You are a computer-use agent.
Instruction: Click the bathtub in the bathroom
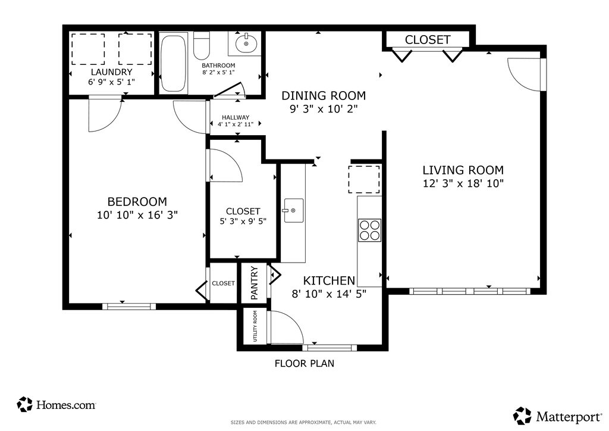(x=173, y=63)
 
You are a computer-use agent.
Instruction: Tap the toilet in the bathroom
(x=202, y=45)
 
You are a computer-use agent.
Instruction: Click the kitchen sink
(x=294, y=210)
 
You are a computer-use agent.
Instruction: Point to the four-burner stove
(x=369, y=230)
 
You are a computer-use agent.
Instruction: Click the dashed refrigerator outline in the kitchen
(x=364, y=179)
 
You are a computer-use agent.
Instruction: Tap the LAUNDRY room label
(x=111, y=72)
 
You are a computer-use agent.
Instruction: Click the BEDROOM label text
(x=137, y=202)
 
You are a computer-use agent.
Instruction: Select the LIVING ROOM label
(x=463, y=170)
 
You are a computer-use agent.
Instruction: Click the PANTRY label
(x=255, y=283)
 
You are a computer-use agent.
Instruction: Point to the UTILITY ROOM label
(x=255, y=326)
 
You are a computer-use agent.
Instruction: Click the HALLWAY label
(x=236, y=117)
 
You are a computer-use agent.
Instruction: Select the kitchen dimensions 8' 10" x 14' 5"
(x=329, y=293)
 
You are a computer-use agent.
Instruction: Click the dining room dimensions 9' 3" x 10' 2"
(x=324, y=109)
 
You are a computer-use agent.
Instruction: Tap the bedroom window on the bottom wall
(x=129, y=307)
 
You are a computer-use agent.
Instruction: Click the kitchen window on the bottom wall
(x=329, y=348)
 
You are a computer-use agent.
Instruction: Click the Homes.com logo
(x=56, y=405)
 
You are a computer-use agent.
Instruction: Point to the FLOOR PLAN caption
(x=304, y=363)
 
